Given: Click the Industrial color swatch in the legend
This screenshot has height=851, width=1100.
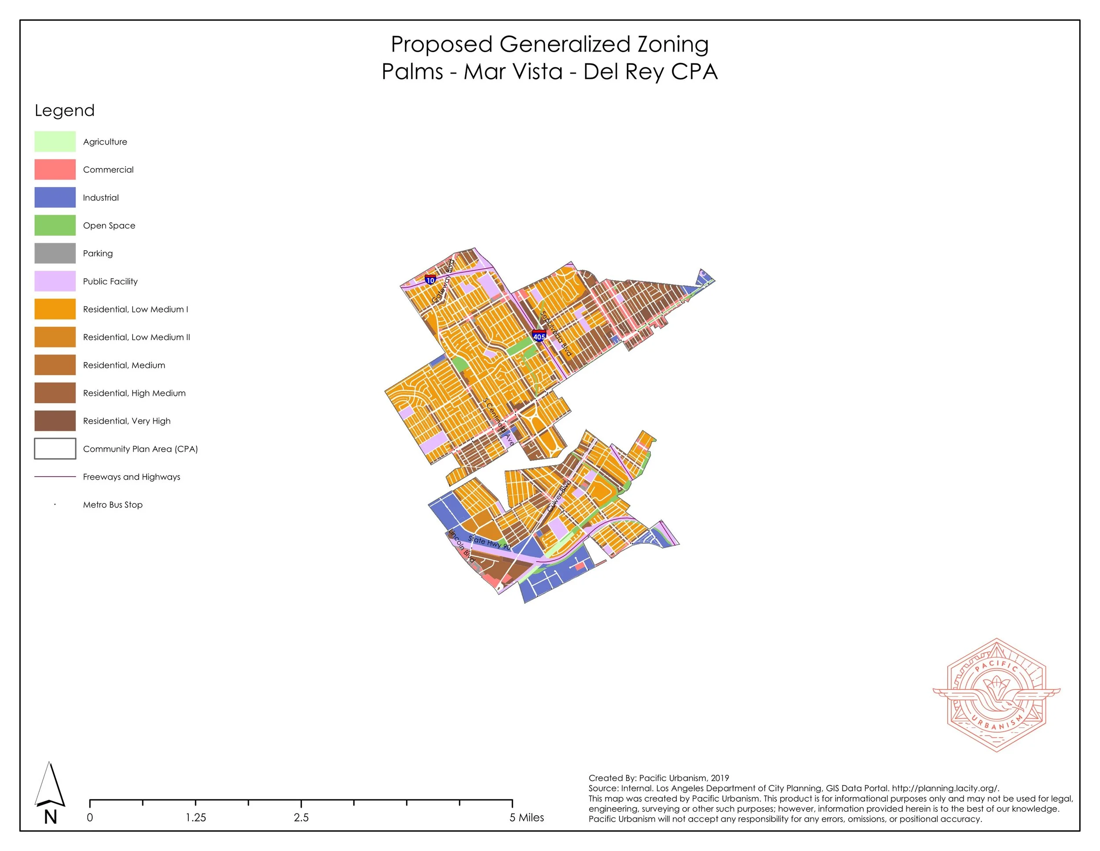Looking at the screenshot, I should [x=55, y=198].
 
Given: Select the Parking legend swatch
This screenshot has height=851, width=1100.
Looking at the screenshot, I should [x=55, y=254].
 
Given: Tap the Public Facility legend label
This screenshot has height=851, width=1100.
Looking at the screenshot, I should [x=110, y=281].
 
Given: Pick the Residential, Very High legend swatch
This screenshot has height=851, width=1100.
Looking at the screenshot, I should [x=55, y=421].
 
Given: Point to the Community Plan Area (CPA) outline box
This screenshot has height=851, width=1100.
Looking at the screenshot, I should [x=55, y=449].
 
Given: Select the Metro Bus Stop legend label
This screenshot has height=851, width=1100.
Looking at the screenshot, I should [x=112, y=505].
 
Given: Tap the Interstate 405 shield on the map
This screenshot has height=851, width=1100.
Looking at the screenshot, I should [x=539, y=336].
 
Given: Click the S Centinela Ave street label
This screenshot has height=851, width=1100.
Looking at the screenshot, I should [x=499, y=422].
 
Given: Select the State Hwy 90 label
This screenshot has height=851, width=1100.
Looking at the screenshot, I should [x=489, y=543].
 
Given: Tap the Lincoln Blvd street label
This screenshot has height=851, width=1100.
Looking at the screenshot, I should [x=462, y=546].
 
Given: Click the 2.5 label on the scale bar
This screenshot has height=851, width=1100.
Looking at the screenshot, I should [x=301, y=817].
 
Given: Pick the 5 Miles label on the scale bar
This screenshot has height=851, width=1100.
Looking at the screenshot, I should [x=526, y=817].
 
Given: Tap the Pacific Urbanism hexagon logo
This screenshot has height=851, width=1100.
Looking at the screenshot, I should [x=996, y=695].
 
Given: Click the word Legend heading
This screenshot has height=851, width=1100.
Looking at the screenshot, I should [x=65, y=111].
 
